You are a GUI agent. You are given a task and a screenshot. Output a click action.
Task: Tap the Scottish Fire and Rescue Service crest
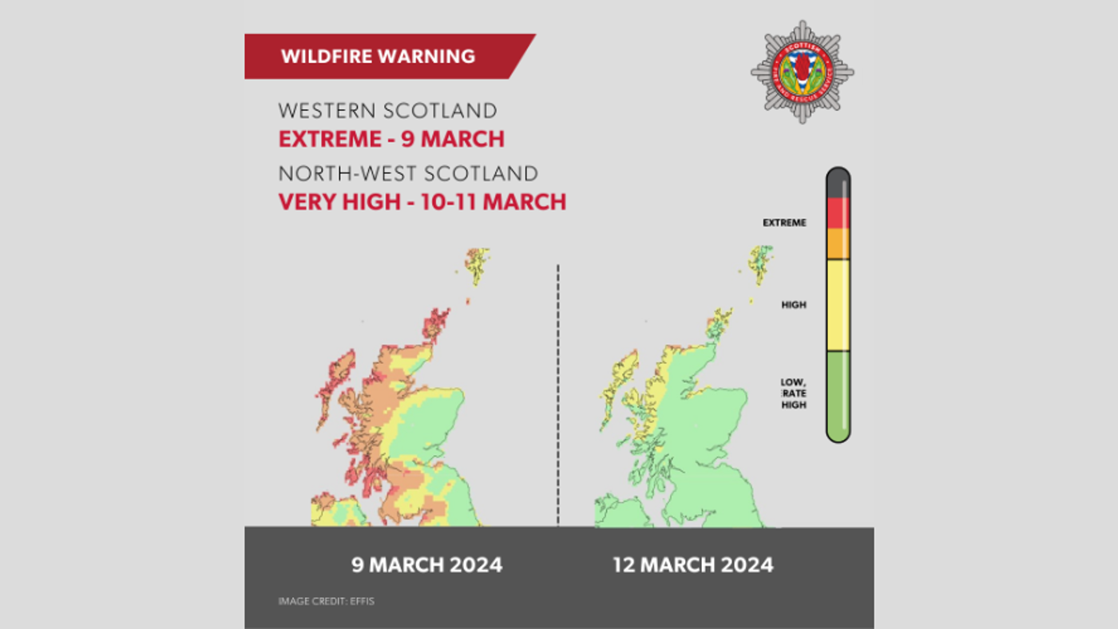pos(801,72)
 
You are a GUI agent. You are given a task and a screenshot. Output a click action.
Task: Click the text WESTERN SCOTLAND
pos(387,110)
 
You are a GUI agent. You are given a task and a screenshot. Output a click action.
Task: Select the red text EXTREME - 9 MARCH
pos(391,139)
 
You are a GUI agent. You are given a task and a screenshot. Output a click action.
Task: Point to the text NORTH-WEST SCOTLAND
pos(407,173)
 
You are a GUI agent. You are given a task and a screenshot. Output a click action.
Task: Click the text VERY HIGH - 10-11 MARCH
pos(422,201)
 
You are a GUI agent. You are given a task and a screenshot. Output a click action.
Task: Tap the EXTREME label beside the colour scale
pos(784,223)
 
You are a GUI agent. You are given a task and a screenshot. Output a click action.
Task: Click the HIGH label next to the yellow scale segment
pos(794,305)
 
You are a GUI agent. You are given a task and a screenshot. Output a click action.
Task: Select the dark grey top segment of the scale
pos(838,184)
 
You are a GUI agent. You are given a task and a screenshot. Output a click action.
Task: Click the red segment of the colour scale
pos(838,213)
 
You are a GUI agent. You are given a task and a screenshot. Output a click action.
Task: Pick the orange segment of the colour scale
pos(838,243)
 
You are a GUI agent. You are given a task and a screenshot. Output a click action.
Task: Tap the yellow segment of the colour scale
pos(838,305)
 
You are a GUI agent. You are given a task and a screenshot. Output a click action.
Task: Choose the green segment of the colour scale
pos(838,395)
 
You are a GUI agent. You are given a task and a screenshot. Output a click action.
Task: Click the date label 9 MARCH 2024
pos(427,565)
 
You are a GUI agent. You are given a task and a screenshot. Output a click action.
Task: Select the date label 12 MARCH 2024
pos(692,565)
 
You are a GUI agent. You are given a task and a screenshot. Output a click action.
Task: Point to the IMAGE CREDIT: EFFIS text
pos(326,601)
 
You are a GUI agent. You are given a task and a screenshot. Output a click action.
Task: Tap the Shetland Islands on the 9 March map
pos(477,264)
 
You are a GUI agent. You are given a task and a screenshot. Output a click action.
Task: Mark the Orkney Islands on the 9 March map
pos(435,323)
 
